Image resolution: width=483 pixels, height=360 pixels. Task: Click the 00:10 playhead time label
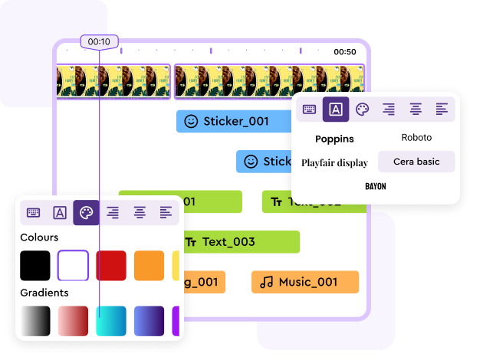click(99, 41)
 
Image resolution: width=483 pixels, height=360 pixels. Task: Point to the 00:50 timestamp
click(345, 52)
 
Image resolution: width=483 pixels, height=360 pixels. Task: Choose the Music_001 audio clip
click(304, 282)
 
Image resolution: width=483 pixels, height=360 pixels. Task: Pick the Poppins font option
click(335, 139)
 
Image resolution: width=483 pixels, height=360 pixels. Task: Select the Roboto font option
click(416, 138)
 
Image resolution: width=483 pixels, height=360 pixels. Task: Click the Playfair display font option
click(334, 162)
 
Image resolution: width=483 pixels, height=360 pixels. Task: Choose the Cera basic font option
click(416, 162)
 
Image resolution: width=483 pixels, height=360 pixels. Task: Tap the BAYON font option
click(376, 186)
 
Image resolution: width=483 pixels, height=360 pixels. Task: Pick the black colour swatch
click(35, 265)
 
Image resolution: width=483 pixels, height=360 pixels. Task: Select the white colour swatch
click(74, 265)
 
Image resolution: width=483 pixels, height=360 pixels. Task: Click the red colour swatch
click(111, 265)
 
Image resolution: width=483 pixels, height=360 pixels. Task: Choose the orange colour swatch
click(149, 265)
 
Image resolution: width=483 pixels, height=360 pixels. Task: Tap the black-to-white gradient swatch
click(35, 321)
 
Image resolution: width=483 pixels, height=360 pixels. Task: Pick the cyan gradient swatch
click(111, 321)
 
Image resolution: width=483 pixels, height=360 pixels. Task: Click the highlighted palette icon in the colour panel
click(86, 212)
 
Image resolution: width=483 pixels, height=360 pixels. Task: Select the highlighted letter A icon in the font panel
click(336, 109)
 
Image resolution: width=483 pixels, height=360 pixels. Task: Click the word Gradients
click(44, 293)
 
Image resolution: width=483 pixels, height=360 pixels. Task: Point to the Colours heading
click(39, 237)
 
